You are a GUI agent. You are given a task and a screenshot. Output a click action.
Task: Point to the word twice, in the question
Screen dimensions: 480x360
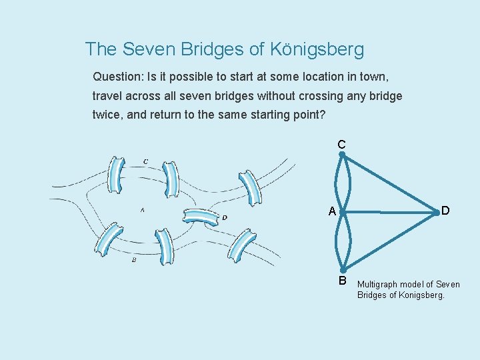107,115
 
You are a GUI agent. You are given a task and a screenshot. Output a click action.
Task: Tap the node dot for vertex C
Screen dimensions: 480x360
341,155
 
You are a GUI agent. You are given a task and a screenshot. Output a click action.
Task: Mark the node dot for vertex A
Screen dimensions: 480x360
341,213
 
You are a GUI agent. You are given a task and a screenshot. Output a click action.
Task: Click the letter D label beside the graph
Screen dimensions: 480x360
445,211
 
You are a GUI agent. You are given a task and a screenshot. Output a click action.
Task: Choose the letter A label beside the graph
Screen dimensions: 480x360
332,212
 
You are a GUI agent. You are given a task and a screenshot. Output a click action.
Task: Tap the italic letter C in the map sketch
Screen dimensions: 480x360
146,161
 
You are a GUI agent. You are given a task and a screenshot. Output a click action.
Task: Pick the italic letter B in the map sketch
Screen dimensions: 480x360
133,259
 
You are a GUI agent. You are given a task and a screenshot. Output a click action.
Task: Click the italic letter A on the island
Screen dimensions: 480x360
142,210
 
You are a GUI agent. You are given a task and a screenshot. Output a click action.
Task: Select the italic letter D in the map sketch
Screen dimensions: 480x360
225,217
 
